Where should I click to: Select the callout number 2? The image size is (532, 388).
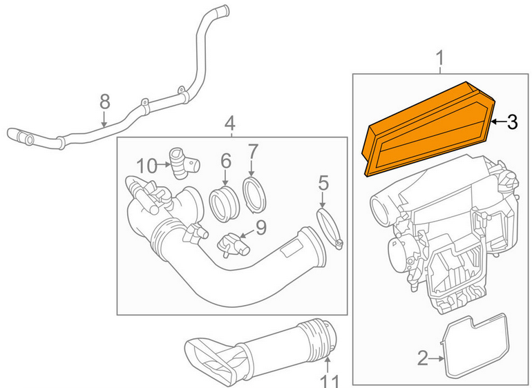423,358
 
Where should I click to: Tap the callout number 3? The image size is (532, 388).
512,123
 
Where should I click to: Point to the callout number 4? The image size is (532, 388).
230,125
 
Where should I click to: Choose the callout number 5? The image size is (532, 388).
323,184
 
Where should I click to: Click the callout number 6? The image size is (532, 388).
226,161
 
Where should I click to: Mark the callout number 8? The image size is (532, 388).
104,102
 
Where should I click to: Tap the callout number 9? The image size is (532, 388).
260,226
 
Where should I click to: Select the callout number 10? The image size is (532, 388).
147,166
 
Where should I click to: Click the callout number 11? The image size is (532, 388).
329,379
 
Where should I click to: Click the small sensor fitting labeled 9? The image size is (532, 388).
231,244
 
